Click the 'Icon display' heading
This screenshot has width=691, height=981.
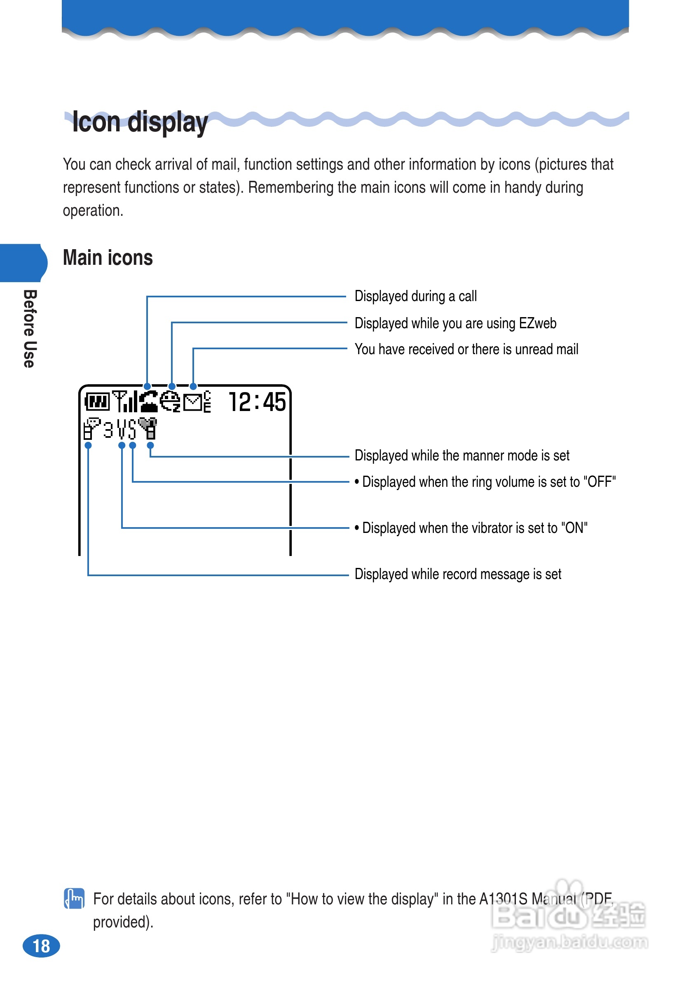pos(140,122)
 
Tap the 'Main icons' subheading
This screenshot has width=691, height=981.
pos(108,258)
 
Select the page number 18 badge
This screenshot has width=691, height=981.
pos(41,946)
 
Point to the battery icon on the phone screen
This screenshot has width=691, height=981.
pos(97,402)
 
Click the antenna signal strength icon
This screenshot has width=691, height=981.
pos(124,402)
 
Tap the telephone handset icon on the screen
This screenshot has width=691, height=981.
pos(148,402)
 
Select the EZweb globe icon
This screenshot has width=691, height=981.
pos(170,402)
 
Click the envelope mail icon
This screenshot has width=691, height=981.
pos(193,402)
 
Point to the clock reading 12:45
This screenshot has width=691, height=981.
pos(257,402)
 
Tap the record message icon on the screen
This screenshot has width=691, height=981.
pos(91,429)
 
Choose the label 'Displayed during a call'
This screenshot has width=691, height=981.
pos(415,296)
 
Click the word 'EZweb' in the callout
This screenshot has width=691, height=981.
pos(537,323)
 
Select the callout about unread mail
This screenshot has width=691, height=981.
pos(466,350)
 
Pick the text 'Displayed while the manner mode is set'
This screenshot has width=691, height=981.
pos(462,455)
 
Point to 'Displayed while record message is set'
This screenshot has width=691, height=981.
pos(457,574)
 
